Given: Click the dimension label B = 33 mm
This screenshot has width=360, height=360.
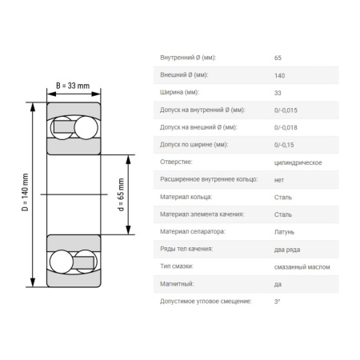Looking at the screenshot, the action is click(73, 86).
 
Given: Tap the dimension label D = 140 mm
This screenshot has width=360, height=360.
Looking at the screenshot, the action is click(25, 192).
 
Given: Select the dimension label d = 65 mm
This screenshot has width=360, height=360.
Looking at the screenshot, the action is click(121, 194).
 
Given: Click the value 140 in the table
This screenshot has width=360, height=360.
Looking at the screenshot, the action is click(279, 75).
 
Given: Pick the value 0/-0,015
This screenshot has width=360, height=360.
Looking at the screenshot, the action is click(286, 110).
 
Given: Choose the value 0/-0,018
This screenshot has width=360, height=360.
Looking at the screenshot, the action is click(286, 127).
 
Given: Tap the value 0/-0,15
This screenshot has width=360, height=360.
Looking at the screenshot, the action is click(284, 145).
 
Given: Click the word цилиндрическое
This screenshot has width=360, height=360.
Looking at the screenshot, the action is click(298, 162).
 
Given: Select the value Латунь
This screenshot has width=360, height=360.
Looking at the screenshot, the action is click(284, 232).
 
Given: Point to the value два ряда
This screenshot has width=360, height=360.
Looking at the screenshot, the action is click(287, 250).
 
